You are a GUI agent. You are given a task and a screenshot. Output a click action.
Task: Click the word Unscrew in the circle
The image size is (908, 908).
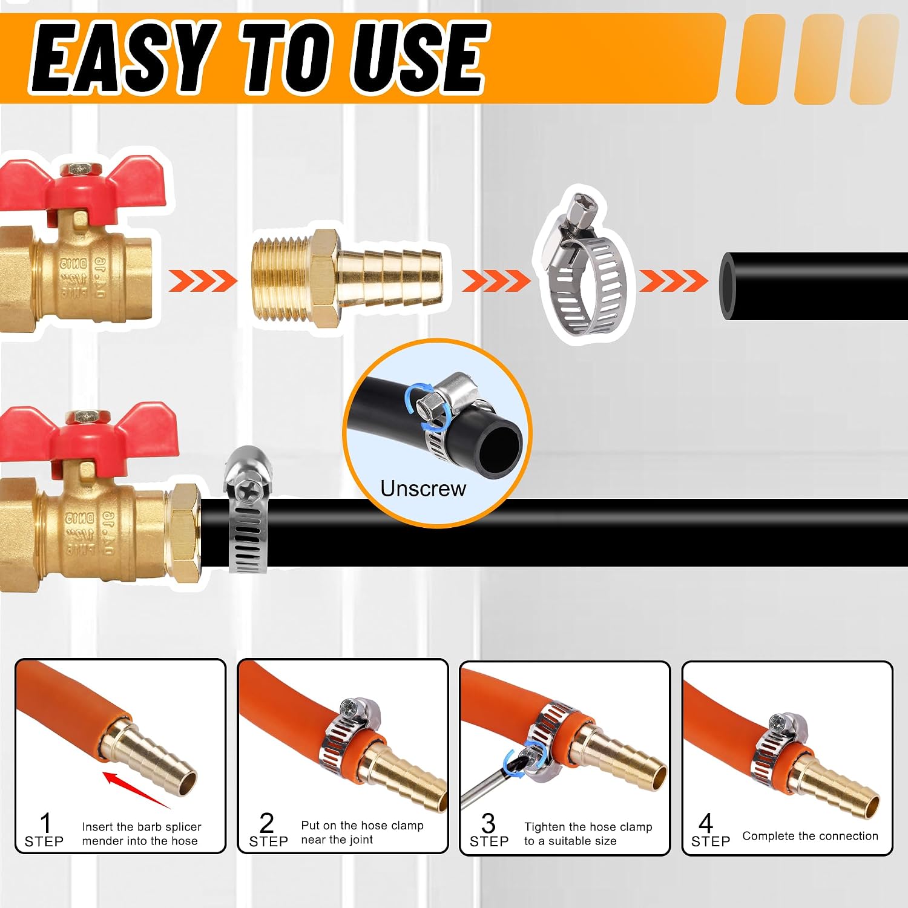pyautogui.click(x=423, y=489)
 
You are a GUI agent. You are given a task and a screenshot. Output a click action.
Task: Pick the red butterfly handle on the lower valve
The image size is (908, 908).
pyautogui.click(x=88, y=433)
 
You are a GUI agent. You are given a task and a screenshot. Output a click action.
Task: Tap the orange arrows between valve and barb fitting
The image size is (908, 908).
pyautogui.click(x=203, y=281)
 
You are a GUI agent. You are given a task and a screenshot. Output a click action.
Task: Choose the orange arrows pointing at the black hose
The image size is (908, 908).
pyautogui.click(x=673, y=281)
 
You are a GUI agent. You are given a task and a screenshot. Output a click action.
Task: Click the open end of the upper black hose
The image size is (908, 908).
pyautogui.click(x=729, y=286)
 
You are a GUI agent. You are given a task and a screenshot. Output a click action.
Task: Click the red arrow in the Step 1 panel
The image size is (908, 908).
pyautogui.click(x=136, y=789)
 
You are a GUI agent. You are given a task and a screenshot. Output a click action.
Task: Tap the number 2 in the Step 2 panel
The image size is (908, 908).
pyautogui.click(x=266, y=823)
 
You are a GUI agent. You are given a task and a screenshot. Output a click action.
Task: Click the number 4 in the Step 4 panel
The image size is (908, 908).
pyautogui.click(x=706, y=823)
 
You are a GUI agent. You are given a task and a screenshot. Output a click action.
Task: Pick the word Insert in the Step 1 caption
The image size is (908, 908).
pyautogui.click(x=99, y=827)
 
